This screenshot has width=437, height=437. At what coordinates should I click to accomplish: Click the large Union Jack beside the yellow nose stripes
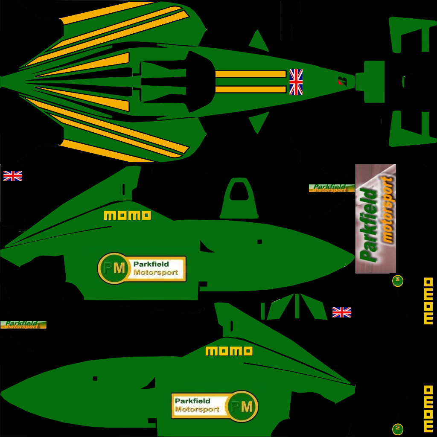point(296,82)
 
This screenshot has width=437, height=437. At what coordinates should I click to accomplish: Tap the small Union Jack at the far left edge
point(13,175)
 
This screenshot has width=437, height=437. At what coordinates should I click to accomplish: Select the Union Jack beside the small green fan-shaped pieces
point(342,312)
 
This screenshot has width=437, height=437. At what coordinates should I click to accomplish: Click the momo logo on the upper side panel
point(127,216)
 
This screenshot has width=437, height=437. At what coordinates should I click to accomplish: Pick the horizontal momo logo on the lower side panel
point(229,351)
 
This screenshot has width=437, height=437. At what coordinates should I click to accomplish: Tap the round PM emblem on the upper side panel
point(113,268)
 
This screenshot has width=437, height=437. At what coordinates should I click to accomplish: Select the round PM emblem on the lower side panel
point(242,406)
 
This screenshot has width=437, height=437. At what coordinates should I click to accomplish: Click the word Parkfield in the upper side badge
point(151,264)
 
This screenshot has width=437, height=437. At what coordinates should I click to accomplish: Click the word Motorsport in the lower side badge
point(197,409)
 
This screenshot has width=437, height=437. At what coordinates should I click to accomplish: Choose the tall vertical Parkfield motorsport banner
point(376,218)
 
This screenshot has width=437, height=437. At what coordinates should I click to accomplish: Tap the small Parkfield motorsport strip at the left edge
point(23,325)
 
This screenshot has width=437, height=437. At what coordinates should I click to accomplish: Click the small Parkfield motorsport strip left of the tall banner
point(331,188)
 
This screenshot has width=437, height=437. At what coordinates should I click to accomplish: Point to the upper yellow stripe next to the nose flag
point(251,74)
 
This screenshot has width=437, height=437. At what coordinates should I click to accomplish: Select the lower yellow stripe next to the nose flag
point(251,89)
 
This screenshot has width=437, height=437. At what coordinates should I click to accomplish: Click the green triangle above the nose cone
point(258,42)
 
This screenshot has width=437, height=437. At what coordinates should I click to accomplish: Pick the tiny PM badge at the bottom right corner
point(397,428)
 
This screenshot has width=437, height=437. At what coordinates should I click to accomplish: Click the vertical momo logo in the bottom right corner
point(428,408)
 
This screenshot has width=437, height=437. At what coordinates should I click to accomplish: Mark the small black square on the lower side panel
point(95,378)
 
